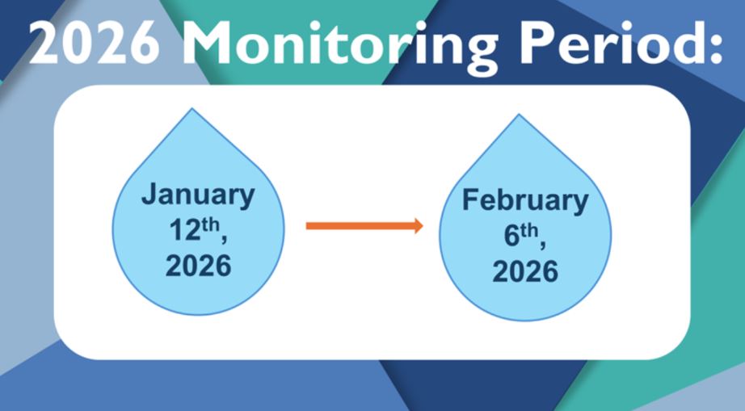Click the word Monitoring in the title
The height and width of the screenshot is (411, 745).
point(339,45)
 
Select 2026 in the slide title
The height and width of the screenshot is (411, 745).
point(94,43)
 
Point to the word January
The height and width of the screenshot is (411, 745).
point(198,195)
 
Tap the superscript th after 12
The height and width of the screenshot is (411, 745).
point(210,224)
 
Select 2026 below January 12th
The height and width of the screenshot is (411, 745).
point(198,266)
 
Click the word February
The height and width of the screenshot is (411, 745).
point(525,201)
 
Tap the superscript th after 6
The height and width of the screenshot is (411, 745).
point(529,231)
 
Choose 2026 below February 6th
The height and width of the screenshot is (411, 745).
point(525,271)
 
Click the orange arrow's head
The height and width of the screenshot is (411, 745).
point(418,226)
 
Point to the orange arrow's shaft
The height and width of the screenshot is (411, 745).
point(360,226)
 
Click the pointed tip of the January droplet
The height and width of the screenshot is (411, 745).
point(192,109)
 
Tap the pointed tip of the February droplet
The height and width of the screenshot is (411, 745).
point(519,115)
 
